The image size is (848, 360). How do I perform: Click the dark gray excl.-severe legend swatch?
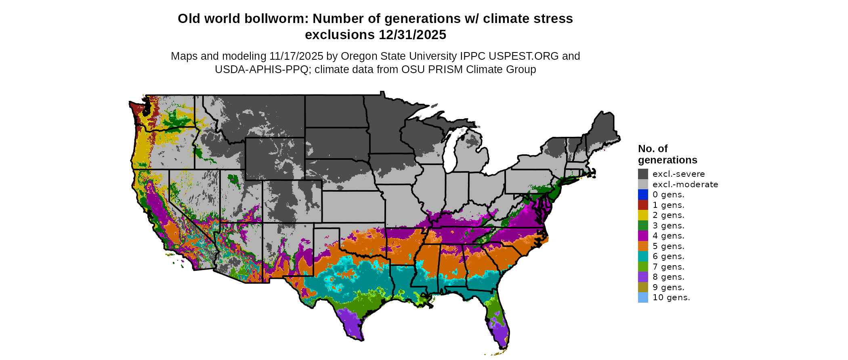(x=643, y=174)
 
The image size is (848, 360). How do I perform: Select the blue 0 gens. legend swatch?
(x=643, y=195)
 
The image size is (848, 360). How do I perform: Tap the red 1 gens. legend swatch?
(x=643, y=205)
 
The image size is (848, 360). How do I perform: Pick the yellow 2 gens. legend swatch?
(x=643, y=215)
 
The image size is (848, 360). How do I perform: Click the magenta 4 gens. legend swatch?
(x=643, y=236)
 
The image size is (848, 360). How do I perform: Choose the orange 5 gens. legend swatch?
(x=643, y=246)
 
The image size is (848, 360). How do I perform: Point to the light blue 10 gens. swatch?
(x=643, y=297)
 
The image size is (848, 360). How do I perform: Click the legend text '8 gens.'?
(x=668, y=277)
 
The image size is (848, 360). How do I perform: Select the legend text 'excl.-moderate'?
(x=685, y=184)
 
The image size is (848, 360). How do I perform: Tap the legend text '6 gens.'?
(x=668, y=256)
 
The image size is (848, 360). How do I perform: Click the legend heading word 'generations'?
(x=667, y=160)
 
